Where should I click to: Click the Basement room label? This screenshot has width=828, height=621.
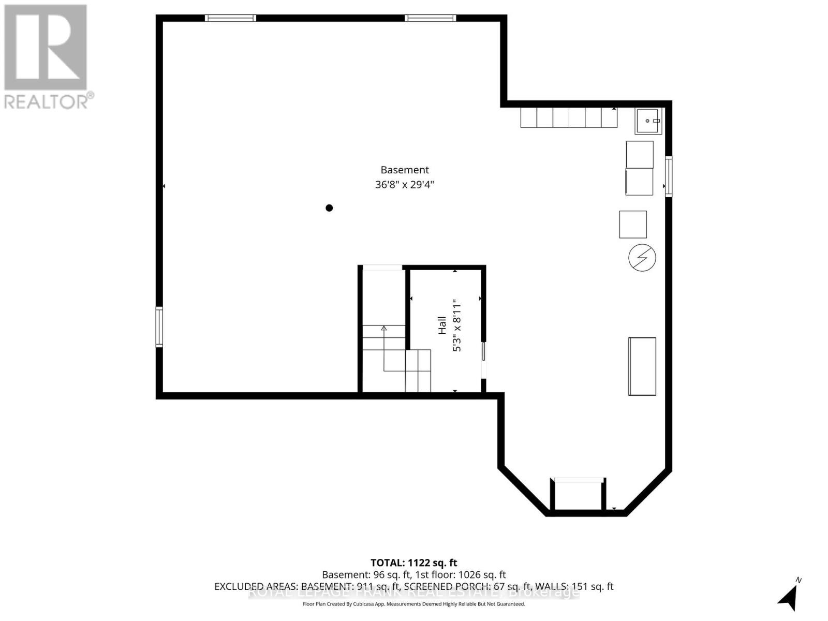tap(405, 170)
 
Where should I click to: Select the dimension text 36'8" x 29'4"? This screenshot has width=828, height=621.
tap(405, 184)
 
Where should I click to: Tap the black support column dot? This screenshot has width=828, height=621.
tap(329, 208)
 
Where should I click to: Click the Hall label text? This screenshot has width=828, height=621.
tap(442, 325)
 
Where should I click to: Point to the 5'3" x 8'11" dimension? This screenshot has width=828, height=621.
tap(456, 325)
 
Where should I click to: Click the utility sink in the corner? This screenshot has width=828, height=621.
tap(648, 121)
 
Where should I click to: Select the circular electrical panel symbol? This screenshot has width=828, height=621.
tap(642, 257)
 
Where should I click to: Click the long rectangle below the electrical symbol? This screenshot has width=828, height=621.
tap(642, 366)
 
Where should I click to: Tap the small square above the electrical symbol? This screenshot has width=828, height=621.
tap(633, 224)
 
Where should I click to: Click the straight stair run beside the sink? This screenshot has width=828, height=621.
tap(569, 117)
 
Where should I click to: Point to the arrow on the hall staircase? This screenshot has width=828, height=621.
tap(384, 328)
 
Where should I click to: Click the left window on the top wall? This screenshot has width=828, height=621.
tap(231, 18)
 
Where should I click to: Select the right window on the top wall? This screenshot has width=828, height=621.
tap(430, 18)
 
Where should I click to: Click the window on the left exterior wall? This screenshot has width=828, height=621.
tap(159, 327)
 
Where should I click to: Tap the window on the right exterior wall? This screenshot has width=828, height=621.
tap(669, 176)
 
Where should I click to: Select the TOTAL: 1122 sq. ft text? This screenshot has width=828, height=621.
tap(414, 563)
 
